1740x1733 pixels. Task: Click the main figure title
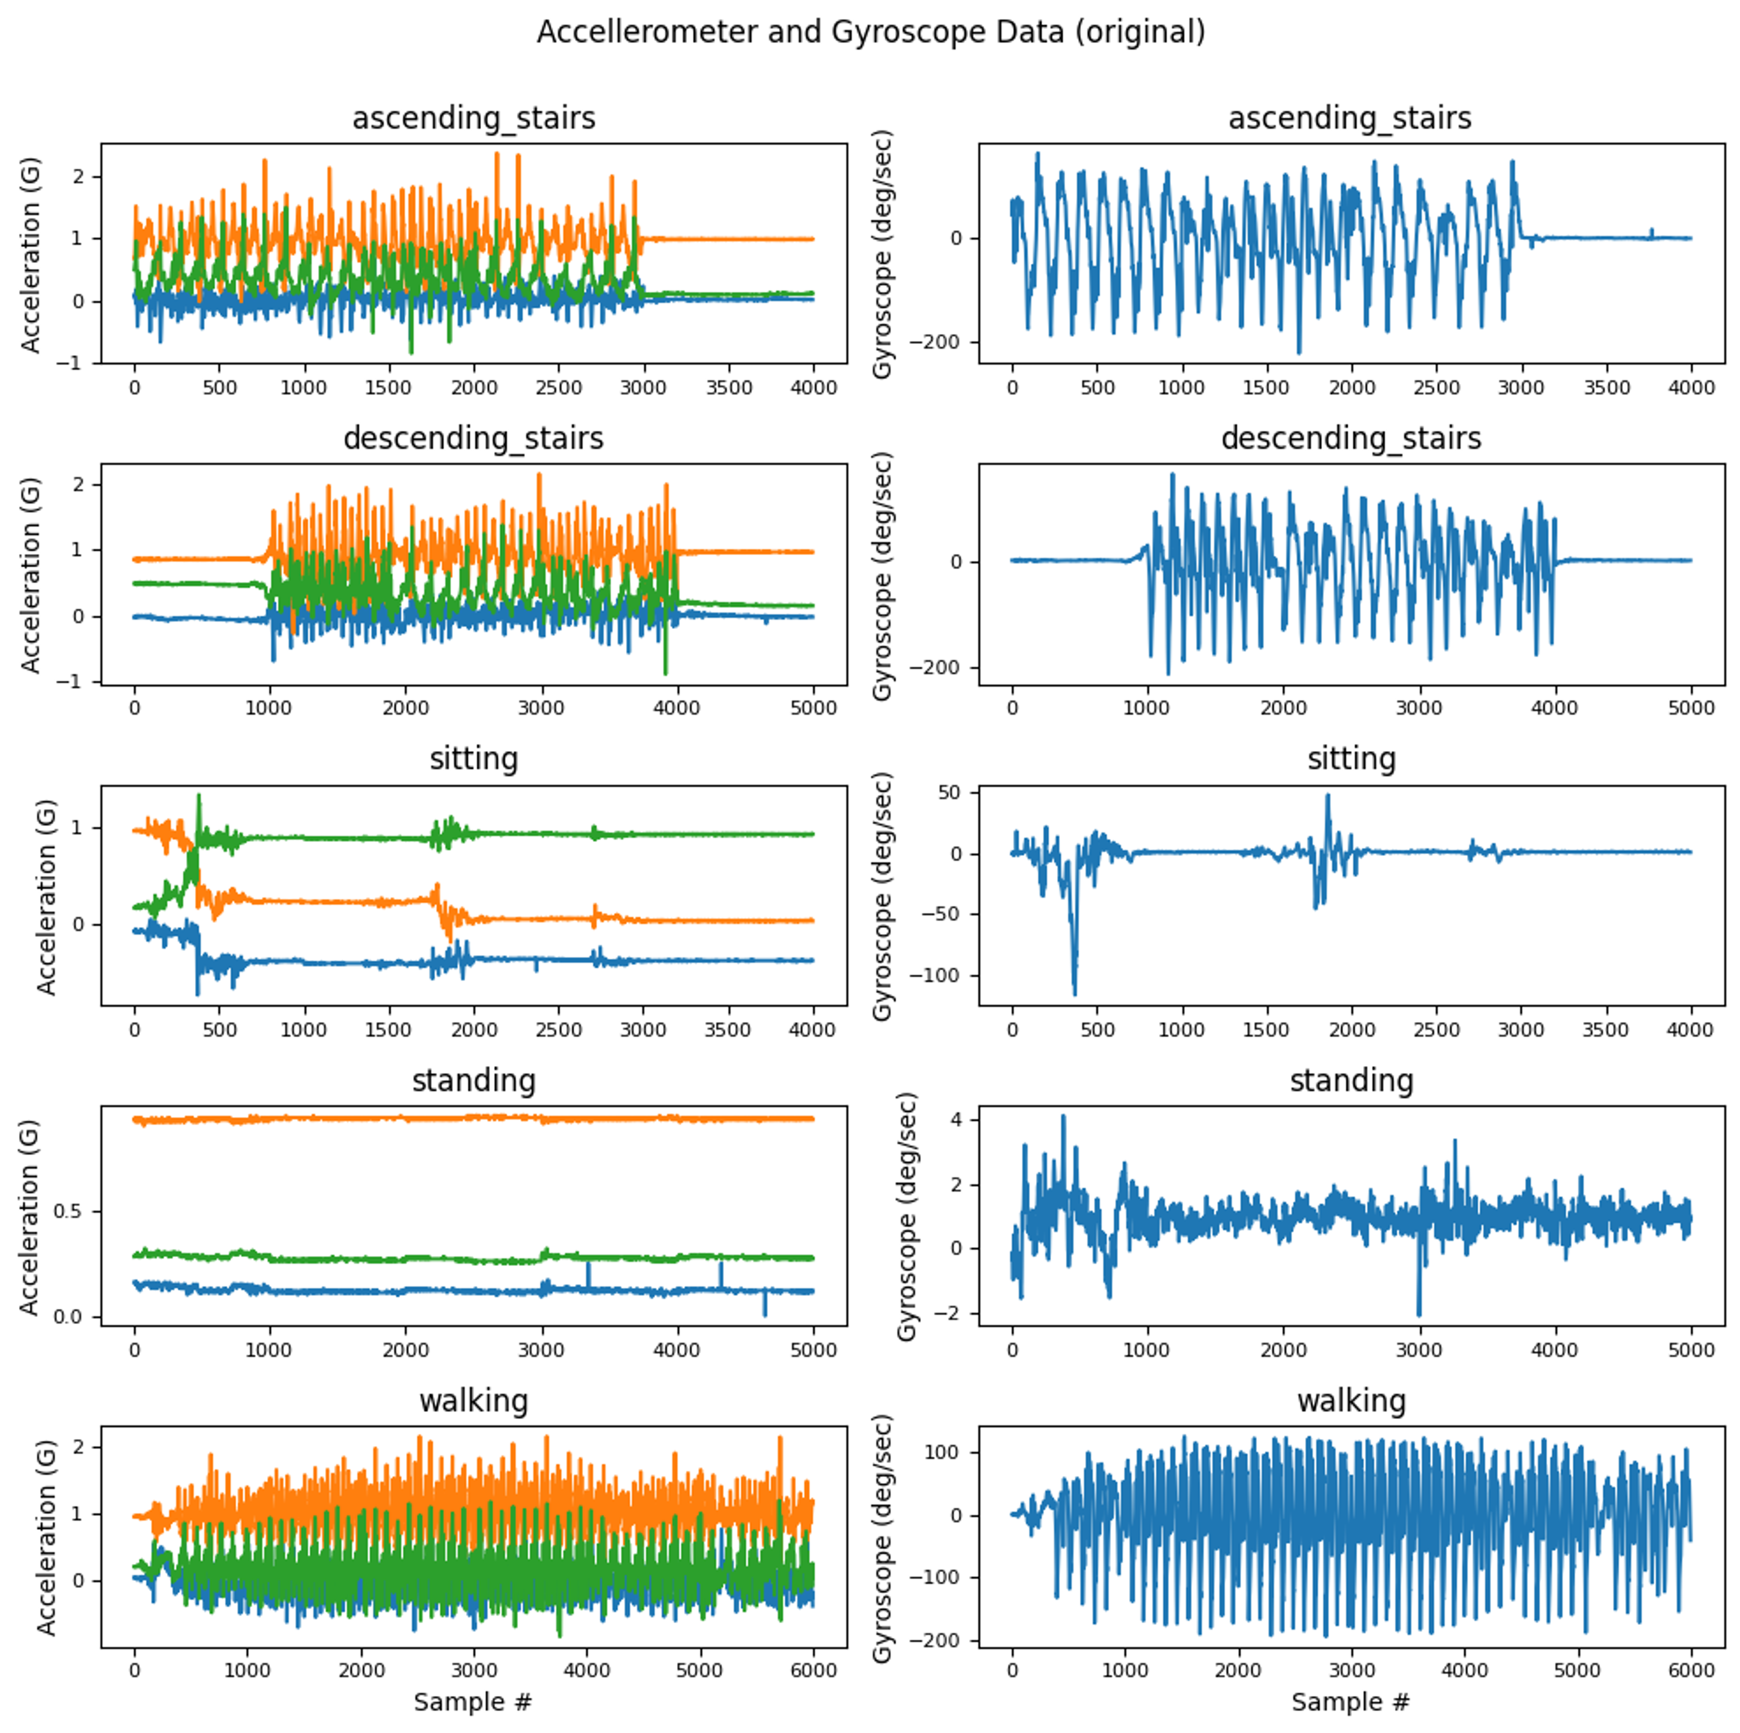pos(870,33)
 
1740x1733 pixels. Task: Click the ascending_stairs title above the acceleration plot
pos(474,118)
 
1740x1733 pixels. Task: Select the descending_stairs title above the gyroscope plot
pos(1351,439)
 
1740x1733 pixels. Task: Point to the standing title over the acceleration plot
pos(474,1080)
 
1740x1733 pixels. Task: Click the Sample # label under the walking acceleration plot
pos(473,1701)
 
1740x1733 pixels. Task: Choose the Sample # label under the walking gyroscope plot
pos(1350,1701)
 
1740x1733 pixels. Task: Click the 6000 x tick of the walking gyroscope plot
pos(1691,1670)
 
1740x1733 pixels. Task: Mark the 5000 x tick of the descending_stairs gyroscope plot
pos(1691,708)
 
